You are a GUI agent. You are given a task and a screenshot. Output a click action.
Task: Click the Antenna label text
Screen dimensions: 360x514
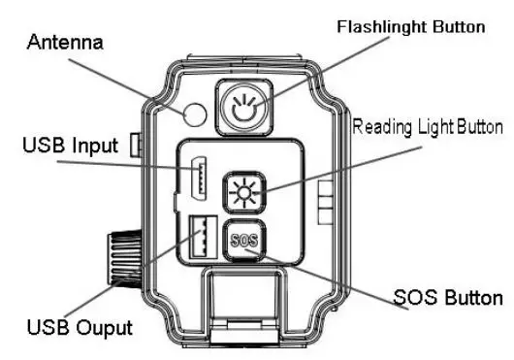(64, 44)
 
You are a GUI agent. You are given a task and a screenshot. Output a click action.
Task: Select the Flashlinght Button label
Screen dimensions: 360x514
(410, 26)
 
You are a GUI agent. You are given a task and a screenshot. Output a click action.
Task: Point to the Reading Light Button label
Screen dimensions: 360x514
(428, 127)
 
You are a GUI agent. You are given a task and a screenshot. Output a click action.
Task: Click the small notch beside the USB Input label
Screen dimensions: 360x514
(138, 146)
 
